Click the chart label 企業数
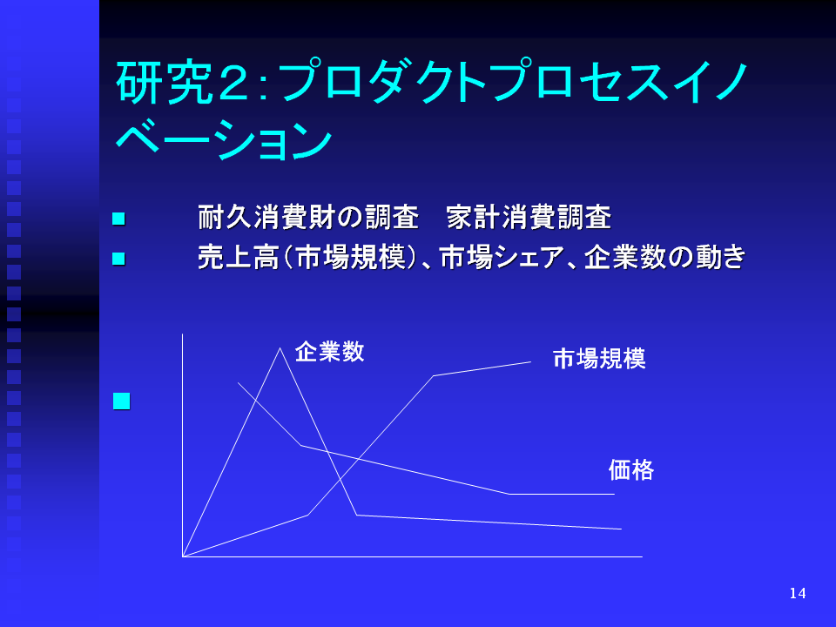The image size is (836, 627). point(329,352)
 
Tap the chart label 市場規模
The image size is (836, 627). point(599,358)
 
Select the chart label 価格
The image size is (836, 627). point(631,469)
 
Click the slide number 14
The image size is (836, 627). point(798,593)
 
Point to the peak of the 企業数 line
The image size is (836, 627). point(280,348)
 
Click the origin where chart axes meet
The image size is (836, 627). point(183,556)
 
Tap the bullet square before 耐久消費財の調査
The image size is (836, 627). point(118,219)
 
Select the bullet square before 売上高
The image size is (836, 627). point(118,259)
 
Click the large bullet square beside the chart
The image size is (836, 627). point(122,401)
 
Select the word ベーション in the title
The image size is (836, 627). point(224,139)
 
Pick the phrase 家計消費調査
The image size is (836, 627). point(529,218)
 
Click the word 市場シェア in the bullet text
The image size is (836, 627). point(502,258)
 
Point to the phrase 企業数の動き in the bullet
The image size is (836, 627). point(664,257)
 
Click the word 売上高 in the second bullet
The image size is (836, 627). point(239,258)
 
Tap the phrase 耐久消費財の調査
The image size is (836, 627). point(308,218)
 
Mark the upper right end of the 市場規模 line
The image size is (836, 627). point(531,362)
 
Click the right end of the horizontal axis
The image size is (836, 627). point(643,556)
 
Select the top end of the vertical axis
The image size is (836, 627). point(182,334)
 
